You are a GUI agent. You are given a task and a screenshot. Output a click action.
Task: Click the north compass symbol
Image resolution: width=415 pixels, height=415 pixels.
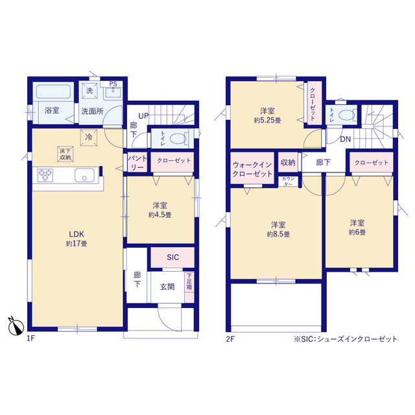[x=16, y=326]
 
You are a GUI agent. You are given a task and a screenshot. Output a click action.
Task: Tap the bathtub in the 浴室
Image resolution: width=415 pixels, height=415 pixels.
[x=53, y=91]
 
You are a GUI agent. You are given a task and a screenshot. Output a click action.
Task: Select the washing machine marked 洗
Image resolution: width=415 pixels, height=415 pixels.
[x=89, y=91]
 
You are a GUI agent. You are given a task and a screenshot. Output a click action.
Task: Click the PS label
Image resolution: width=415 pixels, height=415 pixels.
[x=113, y=84]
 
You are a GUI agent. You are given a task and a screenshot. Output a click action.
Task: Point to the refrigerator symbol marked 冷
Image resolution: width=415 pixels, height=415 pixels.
[x=89, y=137]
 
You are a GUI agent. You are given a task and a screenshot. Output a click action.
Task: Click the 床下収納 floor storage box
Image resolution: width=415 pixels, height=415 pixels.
[x=65, y=154]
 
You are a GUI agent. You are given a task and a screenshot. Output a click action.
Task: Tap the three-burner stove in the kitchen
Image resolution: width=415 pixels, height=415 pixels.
[x=45, y=175]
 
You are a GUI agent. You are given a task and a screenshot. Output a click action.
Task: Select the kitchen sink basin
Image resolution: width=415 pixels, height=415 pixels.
[x=84, y=175]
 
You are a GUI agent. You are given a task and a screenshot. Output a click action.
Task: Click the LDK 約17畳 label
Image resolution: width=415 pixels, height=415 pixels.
[x=77, y=239]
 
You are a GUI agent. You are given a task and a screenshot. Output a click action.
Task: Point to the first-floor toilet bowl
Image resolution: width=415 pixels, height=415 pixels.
[x=177, y=139]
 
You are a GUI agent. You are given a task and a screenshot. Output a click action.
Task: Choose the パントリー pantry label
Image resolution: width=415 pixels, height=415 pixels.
[x=137, y=163]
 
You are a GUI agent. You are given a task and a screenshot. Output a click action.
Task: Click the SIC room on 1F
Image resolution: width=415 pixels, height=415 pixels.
[x=172, y=257]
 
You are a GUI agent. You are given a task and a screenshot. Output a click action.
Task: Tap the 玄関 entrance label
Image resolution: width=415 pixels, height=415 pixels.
[x=167, y=287]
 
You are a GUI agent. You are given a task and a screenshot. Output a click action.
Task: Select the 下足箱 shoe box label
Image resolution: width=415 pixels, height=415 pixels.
[x=189, y=281]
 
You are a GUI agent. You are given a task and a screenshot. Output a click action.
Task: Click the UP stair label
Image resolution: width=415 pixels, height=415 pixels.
[x=144, y=116]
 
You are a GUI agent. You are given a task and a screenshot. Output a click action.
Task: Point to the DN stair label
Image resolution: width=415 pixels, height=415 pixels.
[x=346, y=139]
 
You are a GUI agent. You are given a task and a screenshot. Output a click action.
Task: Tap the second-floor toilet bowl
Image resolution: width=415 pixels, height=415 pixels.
[x=346, y=115]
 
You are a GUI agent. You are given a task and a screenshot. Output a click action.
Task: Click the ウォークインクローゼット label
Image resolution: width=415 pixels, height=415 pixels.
[x=252, y=169]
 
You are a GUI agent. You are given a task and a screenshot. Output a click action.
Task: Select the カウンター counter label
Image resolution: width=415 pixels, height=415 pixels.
[x=288, y=182]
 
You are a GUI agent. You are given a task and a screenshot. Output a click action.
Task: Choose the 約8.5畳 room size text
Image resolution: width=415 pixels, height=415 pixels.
[x=278, y=235]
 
